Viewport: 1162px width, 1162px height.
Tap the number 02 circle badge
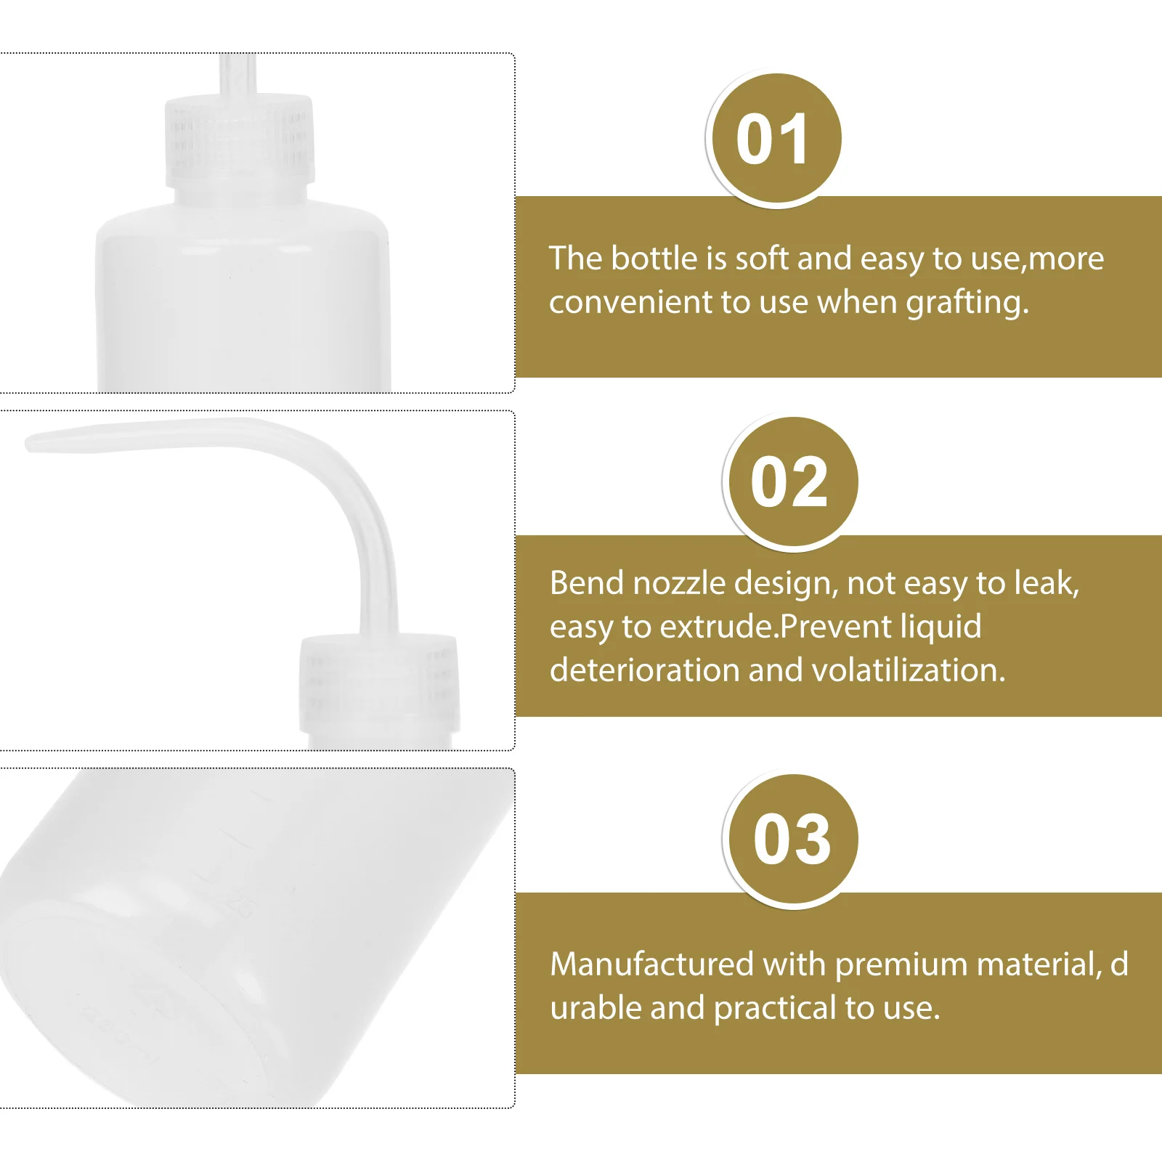(x=789, y=482)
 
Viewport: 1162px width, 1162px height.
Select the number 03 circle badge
(x=791, y=840)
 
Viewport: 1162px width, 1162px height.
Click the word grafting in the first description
(x=967, y=303)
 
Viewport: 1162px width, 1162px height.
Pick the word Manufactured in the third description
(x=651, y=964)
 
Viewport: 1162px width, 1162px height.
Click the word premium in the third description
(x=901, y=965)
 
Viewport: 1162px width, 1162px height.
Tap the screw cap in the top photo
(x=240, y=139)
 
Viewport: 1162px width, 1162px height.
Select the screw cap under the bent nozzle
(x=379, y=683)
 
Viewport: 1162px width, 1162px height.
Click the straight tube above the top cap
(x=237, y=73)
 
